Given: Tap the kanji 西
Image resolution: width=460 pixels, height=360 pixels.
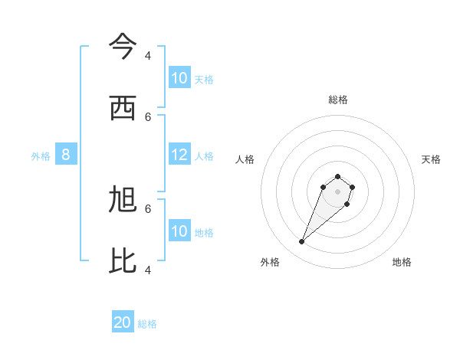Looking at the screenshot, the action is (x=123, y=109).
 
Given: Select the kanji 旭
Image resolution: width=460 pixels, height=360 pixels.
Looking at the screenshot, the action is (x=123, y=201).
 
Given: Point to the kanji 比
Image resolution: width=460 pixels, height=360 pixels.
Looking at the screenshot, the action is (x=123, y=261).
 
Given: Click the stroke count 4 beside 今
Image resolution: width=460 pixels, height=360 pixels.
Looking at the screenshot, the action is (x=148, y=56).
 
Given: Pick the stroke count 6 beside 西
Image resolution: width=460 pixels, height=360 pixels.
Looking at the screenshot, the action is (x=148, y=116).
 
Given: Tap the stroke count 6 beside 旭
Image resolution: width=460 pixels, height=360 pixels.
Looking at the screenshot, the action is (x=148, y=208).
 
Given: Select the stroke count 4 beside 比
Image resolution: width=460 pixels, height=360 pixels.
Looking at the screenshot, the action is (x=148, y=270).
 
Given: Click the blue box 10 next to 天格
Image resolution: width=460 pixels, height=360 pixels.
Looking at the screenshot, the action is (x=179, y=78).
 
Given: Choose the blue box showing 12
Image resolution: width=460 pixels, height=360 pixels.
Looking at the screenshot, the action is (x=179, y=155).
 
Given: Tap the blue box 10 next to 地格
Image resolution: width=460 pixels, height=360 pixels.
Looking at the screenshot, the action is (x=179, y=231).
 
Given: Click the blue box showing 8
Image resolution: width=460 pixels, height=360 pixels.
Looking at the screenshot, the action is (x=66, y=155).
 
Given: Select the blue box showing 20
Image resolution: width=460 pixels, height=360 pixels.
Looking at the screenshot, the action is (x=123, y=322).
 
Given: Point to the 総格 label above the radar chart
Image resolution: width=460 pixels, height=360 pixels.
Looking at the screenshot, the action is (x=338, y=100).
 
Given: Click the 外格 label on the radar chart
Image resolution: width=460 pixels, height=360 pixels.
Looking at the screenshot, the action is (x=270, y=262).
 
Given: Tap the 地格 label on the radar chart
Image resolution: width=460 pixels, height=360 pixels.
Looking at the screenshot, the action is (x=402, y=262).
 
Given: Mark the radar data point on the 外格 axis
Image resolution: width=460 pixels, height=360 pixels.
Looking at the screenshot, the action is (x=302, y=242).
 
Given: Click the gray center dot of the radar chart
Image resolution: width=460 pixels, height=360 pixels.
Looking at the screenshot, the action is (x=338, y=191).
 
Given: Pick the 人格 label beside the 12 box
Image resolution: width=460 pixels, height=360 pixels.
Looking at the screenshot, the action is (x=204, y=156).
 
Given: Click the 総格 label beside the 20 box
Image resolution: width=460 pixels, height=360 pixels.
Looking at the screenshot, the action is (x=147, y=324).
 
